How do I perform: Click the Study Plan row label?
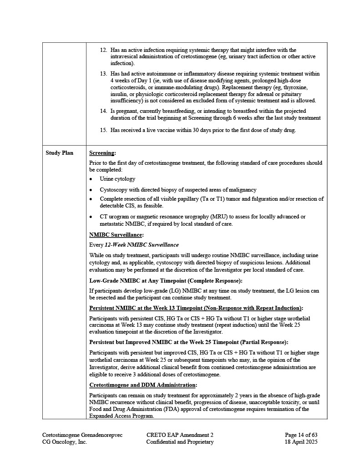click(59, 153)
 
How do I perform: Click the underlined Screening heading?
click(102, 153)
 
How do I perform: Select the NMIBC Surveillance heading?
click(116, 235)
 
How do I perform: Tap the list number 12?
click(103, 50)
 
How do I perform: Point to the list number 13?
click(103, 74)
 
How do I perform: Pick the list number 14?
click(103, 111)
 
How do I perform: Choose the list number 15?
click(103, 131)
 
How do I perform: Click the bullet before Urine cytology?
click(91, 179)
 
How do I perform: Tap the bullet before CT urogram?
click(91, 217)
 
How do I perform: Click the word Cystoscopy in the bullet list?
click(114, 190)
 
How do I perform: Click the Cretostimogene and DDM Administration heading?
click(143, 385)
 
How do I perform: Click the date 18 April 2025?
click(301, 442)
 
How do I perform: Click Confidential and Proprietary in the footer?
click(180, 442)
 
